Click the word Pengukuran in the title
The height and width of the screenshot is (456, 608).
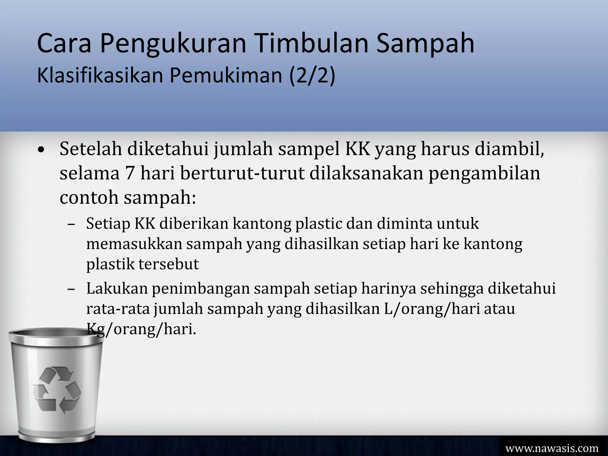pos(173,44)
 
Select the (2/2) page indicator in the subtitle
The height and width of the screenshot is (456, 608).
pos(312,75)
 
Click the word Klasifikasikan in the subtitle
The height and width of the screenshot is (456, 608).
pos(100,75)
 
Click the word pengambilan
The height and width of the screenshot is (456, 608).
pos(484,174)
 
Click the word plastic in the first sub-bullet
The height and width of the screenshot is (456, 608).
pos(318,224)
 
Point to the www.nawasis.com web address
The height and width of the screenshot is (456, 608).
pos(552,448)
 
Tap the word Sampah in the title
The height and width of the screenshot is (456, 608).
pos(425,44)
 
